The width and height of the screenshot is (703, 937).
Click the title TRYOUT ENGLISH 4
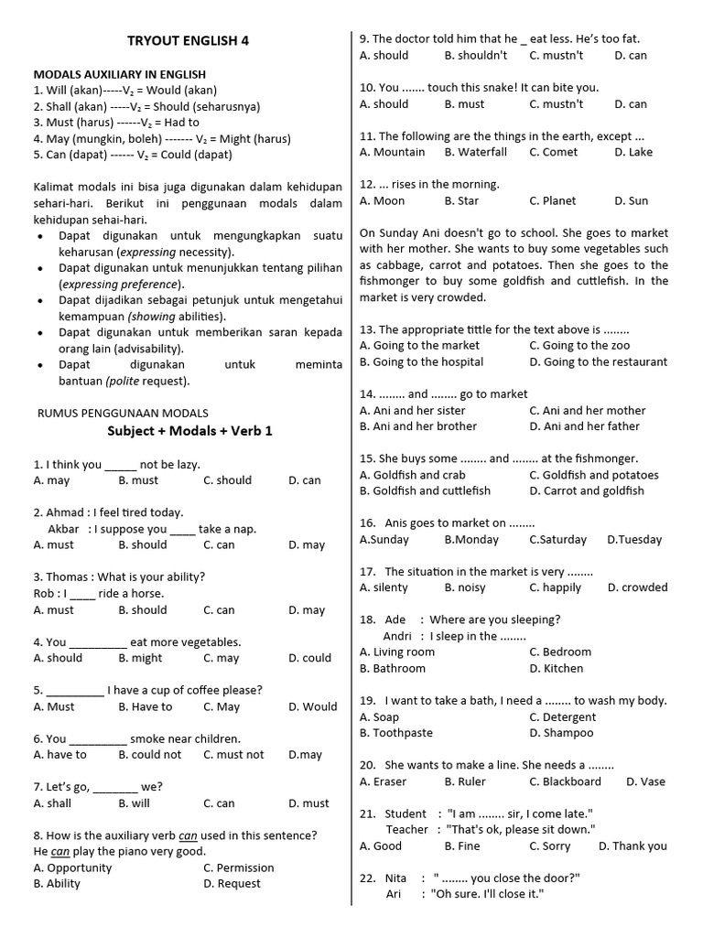coord(187,40)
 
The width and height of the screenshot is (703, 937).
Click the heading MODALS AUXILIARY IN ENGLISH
coord(119,74)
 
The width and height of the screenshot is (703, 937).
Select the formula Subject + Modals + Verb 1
coord(189,430)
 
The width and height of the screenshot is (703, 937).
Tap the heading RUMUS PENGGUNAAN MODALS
coord(123,413)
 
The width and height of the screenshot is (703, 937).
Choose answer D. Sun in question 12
coord(631,200)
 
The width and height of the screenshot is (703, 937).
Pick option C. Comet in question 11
coord(553,152)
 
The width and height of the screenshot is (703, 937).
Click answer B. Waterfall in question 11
coord(475,152)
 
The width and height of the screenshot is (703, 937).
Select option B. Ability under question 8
coord(57,883)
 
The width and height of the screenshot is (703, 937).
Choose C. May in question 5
coord(222,706)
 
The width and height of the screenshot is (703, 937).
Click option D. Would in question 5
coord(312,706)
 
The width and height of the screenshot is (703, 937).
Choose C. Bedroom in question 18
coord(560,652)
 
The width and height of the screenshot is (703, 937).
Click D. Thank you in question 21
coord(633,845)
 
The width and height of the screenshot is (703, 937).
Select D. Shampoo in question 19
coord(561,732)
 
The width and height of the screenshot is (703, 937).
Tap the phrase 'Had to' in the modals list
coord(182,122)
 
